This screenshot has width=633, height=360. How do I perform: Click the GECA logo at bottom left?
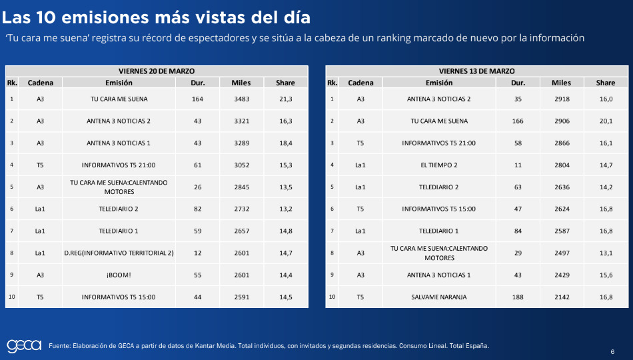[24, 345]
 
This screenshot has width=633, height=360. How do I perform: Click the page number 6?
[612, 352]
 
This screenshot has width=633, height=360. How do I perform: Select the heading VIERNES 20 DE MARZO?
[157, 71]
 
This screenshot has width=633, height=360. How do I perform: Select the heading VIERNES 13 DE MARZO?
[476, 71]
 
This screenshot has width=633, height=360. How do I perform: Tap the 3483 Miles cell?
[241, 99]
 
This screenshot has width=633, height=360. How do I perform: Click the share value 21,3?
[285, 99]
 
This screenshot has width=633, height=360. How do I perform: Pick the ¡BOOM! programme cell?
[119, 275]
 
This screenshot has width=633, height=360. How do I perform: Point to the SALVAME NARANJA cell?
[438, 297]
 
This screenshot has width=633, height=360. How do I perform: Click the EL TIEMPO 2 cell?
[438, 165]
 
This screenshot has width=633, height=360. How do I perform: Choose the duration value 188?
[518, 297]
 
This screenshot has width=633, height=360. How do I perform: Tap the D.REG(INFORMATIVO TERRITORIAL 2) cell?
[119, 253]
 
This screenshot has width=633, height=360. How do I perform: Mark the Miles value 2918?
[561, 99]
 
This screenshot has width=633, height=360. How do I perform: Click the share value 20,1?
[606, 121]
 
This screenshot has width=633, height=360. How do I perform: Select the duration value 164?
[197, 99]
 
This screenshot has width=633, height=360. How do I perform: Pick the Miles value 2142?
[561, 297]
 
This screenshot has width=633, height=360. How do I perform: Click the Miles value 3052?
[241, 165]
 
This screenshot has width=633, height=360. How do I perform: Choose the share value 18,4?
[285, 143]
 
